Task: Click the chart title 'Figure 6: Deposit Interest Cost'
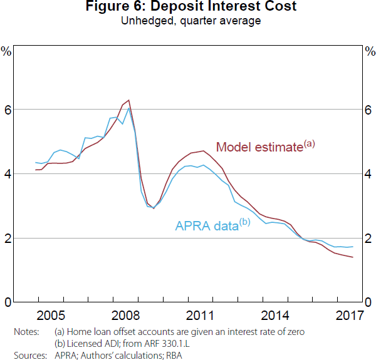(x=187, y=7)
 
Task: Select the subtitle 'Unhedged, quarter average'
(x=187, y=20)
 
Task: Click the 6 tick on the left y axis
(x=8, y=110)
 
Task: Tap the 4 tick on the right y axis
(x=368, y=174)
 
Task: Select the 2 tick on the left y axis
(x=8, y=239)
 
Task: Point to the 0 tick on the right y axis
(x=368, y=303)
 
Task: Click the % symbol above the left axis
(x=7, y=51)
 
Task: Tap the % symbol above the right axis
(x=369, y=51)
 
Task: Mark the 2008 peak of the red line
(x=128, y=100)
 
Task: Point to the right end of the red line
(x=353, y=257)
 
